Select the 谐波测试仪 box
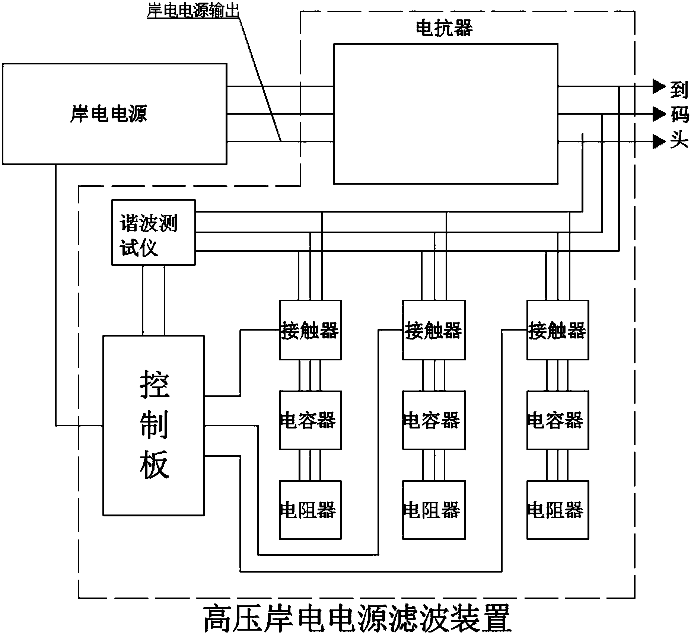pos(153,232)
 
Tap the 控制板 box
pos(153,426)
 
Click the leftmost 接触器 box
pos(310,330)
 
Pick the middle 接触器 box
pos(434,330)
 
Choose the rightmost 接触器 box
pos(557,330)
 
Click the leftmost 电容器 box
pos(310,420)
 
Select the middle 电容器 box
pos(434,420)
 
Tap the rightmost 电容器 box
pos(557,420)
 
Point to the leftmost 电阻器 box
pos(310,510)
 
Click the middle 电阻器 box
pos(434,510)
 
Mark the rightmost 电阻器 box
pos(557,510)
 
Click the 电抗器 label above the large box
pos(444,28)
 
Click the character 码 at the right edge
pos(679,114)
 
